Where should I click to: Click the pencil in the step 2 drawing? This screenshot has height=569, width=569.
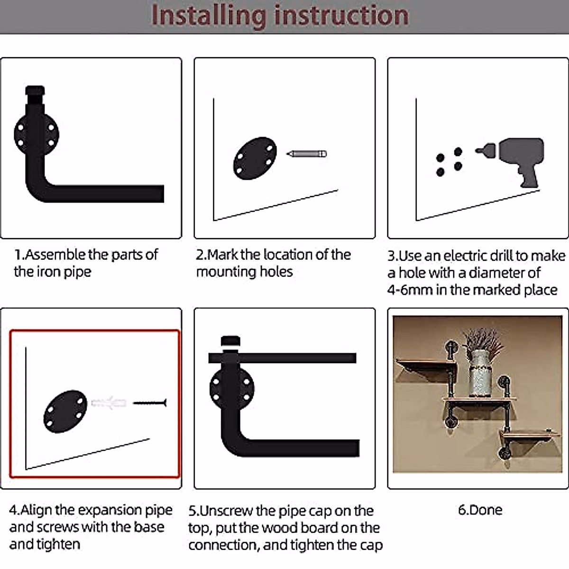point(307,154)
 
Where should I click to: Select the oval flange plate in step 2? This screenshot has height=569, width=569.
point(255,158)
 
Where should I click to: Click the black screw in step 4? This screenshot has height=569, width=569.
point(150,403)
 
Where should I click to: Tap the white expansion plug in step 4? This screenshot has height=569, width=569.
point(109,404)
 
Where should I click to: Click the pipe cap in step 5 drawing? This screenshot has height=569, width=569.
point(231,342)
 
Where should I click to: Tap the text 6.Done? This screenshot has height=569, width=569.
point(480,510)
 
